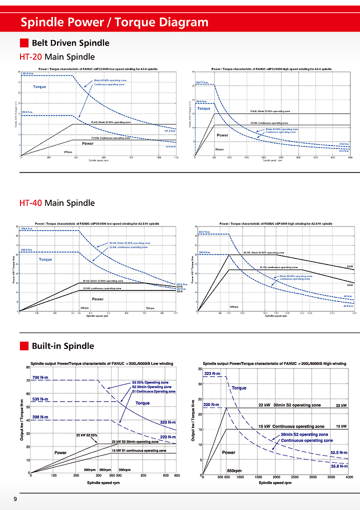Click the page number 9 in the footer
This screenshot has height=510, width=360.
point(15,500)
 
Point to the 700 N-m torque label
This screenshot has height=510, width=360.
point(40,377)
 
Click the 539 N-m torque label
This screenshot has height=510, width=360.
point(40,399)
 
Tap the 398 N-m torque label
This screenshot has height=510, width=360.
point(40,417)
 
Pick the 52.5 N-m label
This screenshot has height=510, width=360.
point(339,452)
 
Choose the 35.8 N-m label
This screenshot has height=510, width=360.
point(339,465)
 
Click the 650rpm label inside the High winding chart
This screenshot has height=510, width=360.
point(234,470)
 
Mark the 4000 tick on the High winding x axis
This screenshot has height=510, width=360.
point(347,477)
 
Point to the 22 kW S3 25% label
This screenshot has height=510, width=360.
point(86,435)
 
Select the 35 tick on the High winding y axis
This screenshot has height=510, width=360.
point(199,369)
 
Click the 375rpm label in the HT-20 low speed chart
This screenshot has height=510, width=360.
point(68,151)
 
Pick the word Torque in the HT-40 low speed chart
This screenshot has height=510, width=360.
point(45,259)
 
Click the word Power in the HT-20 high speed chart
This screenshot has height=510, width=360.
point(222,135)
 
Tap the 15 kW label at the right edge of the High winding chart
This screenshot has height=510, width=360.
point(340,426)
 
